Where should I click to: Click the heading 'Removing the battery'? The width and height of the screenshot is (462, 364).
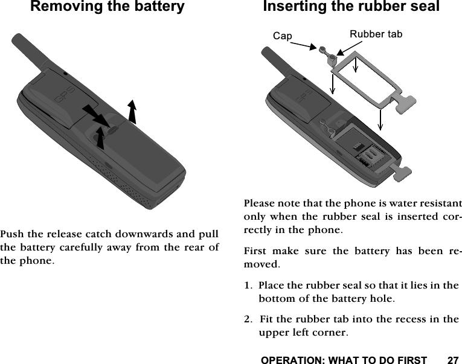point(107,8)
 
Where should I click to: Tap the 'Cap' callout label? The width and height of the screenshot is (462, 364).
point(282,36)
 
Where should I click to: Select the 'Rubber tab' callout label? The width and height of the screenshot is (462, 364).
point(376,34)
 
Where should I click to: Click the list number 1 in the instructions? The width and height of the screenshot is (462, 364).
point(247,286)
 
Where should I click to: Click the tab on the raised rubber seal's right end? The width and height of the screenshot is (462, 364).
point(405,103)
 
